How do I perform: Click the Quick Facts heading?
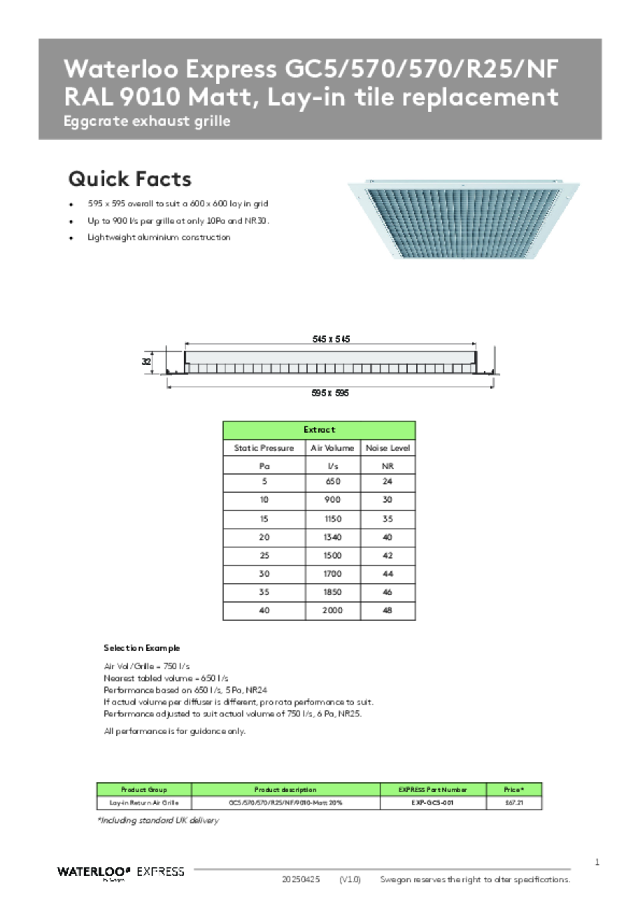point(130,179)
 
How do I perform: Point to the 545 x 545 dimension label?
point(331,339)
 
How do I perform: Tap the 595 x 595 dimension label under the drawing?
point(330,393)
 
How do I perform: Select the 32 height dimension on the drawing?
point(146,362)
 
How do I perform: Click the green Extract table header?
point(319,430)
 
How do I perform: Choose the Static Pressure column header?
point(264,448)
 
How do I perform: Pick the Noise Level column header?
point(388,448)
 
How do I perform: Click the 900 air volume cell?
point(332,499)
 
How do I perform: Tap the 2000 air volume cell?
point(332,610)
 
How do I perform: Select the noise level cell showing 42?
point(388,555)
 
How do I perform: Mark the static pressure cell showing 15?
point(264,519)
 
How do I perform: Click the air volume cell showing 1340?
point(332,537)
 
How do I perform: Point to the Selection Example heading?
point(142,648)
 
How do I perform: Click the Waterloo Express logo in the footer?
point(120,872)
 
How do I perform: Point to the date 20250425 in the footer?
point(300,879)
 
